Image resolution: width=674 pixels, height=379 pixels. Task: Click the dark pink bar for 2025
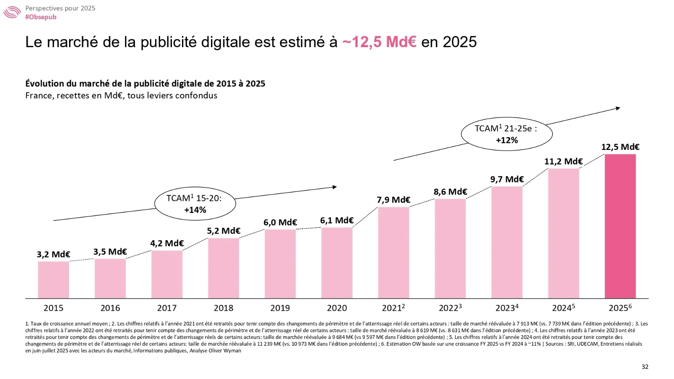620,226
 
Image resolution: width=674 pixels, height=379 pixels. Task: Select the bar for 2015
53,280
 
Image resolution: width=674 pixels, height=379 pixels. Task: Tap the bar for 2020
337,263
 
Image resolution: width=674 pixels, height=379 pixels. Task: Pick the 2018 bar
223,268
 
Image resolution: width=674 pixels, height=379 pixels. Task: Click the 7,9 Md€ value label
393,200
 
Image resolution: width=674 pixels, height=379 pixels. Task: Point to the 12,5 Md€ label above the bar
620,147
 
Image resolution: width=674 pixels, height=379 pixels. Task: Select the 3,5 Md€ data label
110,252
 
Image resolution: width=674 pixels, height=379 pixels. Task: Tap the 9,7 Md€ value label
507,179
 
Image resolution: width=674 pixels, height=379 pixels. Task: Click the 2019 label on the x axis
280,308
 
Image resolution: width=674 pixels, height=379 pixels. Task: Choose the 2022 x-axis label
450,308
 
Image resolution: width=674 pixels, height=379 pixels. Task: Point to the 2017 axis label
167,308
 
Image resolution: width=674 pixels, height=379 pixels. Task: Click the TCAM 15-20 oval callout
195,204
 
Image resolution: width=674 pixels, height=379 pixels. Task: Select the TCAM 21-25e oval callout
506,134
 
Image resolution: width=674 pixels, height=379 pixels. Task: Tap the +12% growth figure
507,140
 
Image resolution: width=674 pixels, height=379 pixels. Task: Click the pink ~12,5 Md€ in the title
379,42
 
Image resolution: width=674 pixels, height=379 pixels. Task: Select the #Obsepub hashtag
41,17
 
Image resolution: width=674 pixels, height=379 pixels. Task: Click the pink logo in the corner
12,12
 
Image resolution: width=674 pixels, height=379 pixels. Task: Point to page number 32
645,367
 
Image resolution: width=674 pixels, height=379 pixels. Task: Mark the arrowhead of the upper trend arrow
618,108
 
